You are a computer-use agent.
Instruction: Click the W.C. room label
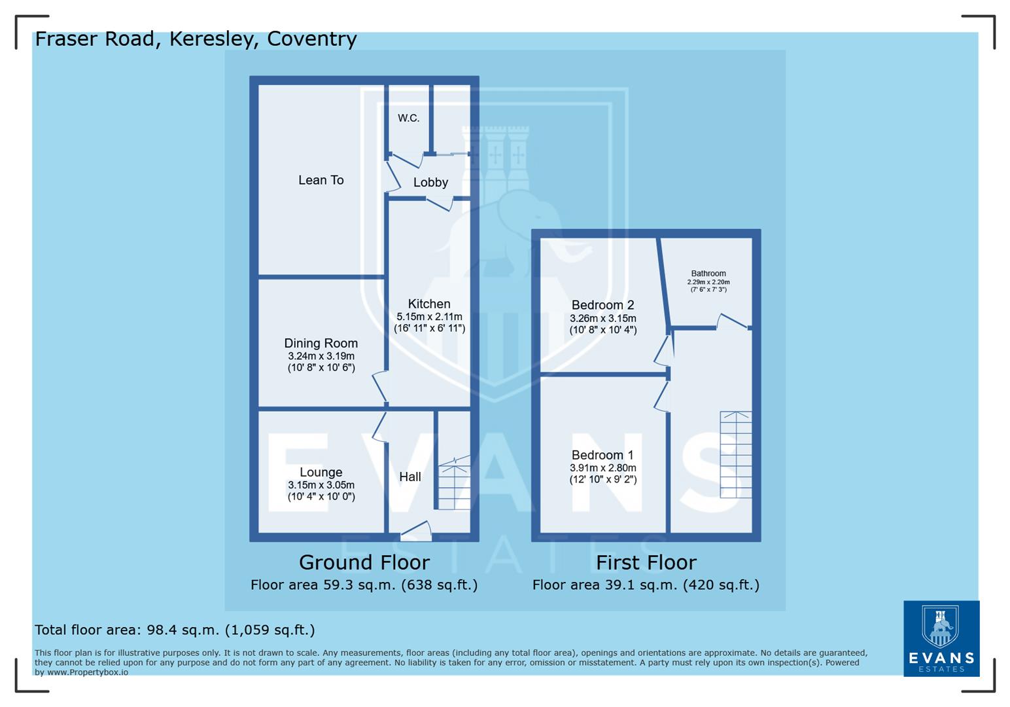pyautogui.click(x=408, y=118)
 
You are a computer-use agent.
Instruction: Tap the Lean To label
pyautogui.click(x=321, y=180)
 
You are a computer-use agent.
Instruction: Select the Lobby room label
pyautogui.click(x=430, y=183)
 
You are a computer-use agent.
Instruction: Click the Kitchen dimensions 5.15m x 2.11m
pyautogui.click(x=429, y=317)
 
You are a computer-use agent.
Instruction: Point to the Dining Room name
pyautogui.click(x=321, y=343)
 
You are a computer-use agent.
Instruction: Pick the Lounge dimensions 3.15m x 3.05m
pyautogui.click(x=321, y=485)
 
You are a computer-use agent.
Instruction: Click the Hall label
pyautogui.click(x=410, y=477)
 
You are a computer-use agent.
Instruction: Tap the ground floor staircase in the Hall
pyautogui.click(x=454, y=485)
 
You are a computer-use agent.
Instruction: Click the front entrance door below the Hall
pyautogui.click(x=416, y=532)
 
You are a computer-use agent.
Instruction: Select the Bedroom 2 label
pyautogui.click(x=602, y=305)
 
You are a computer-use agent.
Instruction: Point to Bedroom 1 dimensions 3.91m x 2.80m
pyautogui.click(x=602, y=468)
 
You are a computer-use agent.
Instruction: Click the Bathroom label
pyautogui.click(x=708, y=274)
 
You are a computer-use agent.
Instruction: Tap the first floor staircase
pyautogui.click(x=736, y=454)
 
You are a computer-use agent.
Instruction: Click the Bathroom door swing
pyautogui.click(x=732, y=321)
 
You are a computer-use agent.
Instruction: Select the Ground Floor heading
pyautogui.click(x=364, y=562)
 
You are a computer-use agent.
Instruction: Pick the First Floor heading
pyautogui.click(x=646, y=562)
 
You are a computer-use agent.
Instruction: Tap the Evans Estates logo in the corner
pyautogui.click(x=941, y=638)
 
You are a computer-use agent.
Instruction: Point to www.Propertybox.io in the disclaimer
pyautogui.click(x=88, y=672)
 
